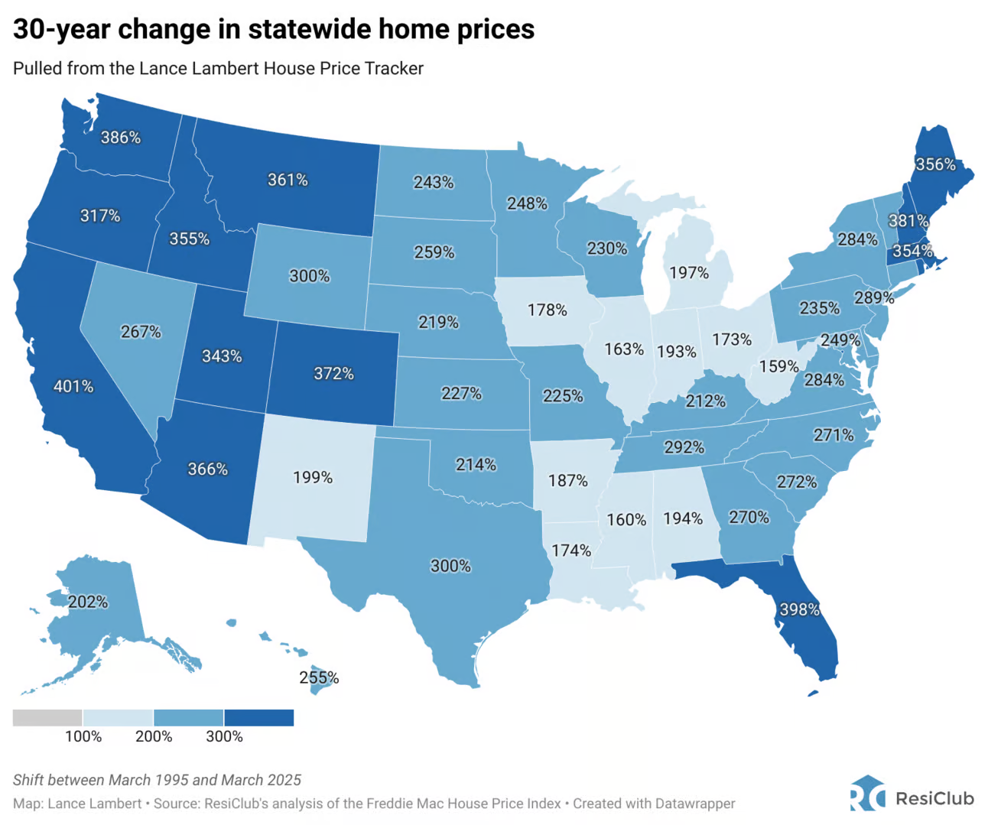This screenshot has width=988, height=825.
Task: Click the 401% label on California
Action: tap(73, 387)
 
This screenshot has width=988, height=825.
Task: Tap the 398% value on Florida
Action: tap(799, 609)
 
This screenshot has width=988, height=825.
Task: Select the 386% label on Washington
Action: tap(121, 138)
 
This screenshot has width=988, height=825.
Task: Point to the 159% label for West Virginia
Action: tap(778, 367)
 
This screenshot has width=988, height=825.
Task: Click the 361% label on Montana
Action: tap(288, 180)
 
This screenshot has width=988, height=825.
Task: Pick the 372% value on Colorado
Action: tap(333, 373)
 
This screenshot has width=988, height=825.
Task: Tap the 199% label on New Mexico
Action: tap(313, 478)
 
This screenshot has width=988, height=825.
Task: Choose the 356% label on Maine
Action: tap(935, 164)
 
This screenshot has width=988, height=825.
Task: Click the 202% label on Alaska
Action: tap(88, 602)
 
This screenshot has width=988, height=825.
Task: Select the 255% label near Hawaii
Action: tap(319, 677)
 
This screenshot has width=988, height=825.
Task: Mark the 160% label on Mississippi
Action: tap(626, 520)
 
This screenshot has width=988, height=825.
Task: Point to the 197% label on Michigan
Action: tap(688, 273)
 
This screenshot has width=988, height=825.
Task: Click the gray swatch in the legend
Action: tap(47, 717)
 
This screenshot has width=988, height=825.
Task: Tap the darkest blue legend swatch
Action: tap(258, 717)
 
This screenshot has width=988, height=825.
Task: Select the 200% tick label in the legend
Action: tap(154, 736)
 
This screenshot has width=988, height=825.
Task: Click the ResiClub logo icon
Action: tap(867, 794)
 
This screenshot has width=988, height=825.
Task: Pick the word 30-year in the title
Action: tap(61, 29)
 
